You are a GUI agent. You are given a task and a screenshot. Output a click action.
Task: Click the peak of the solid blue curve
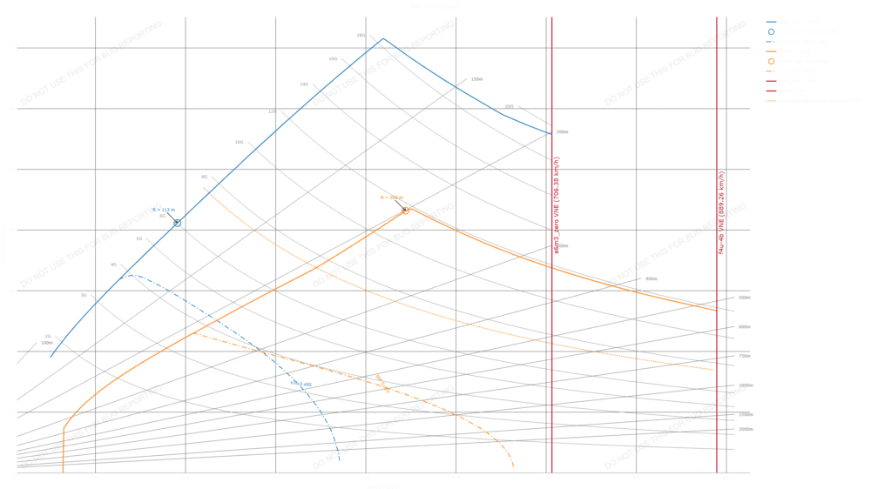(381, 38)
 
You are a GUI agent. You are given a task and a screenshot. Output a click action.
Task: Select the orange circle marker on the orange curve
(405, 211)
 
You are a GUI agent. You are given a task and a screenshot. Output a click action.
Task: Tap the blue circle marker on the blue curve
(179, 224)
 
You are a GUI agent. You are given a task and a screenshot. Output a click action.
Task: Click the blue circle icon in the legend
(772, 30)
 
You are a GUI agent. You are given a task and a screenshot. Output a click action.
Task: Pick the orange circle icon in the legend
(772, 61)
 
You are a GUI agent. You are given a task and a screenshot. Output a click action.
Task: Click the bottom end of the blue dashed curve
(338, 452)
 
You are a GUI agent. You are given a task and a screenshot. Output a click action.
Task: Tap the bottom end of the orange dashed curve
(513, 467)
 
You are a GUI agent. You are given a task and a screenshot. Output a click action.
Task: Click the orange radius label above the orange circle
(392, 198)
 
